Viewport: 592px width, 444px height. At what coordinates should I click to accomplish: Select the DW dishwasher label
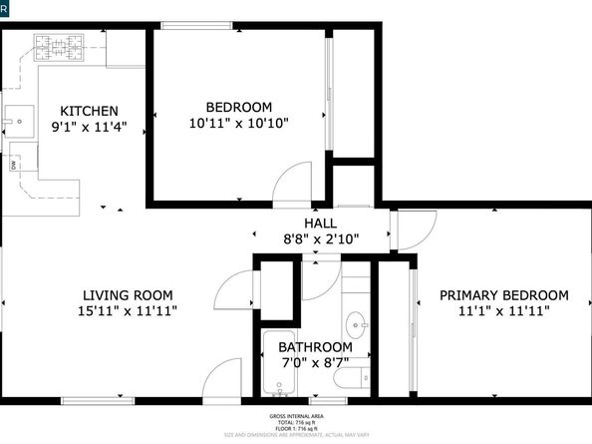pyautogui.click(x=13, y=167)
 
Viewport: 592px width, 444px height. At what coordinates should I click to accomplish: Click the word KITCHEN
pyautogui.click(x=90, y=111)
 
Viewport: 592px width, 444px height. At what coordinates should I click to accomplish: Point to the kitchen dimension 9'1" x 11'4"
pyautogui.click(x=90, y=127)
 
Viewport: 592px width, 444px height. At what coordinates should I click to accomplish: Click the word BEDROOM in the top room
pyautogui.click(x=239, y=107)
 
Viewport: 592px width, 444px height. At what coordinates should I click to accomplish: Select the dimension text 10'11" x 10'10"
pyautogui.click(x=239, y=124)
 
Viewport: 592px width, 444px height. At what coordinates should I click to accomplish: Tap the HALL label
pyautogui.click(x=320, y=223)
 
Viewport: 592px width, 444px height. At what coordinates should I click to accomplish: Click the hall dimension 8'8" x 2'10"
pyautogui.click(x=320, y=239)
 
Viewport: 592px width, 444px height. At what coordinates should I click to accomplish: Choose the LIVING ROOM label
pyautogui.click(x=128, y=295)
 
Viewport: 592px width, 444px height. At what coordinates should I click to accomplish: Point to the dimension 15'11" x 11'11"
pyautogui.click(x=128, y=312)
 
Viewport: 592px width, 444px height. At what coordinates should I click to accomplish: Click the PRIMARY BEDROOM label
pyautogui.click(x=503, y=295)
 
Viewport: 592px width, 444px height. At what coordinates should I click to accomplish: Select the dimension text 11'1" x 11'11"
pyautogui.click(x=503, y=311)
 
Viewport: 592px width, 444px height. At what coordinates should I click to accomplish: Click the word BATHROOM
pyautogui.click(x=315, y=347)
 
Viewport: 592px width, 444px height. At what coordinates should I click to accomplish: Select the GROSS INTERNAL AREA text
pyautogui.click(x=296, y=416)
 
